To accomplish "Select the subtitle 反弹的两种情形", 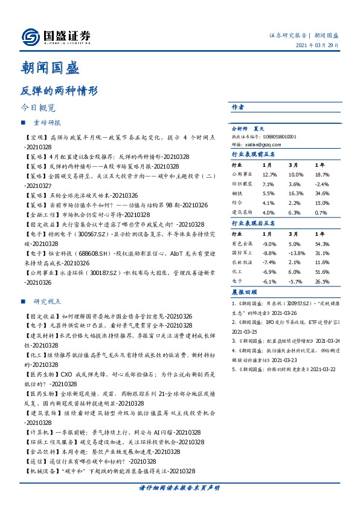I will [59, 91].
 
